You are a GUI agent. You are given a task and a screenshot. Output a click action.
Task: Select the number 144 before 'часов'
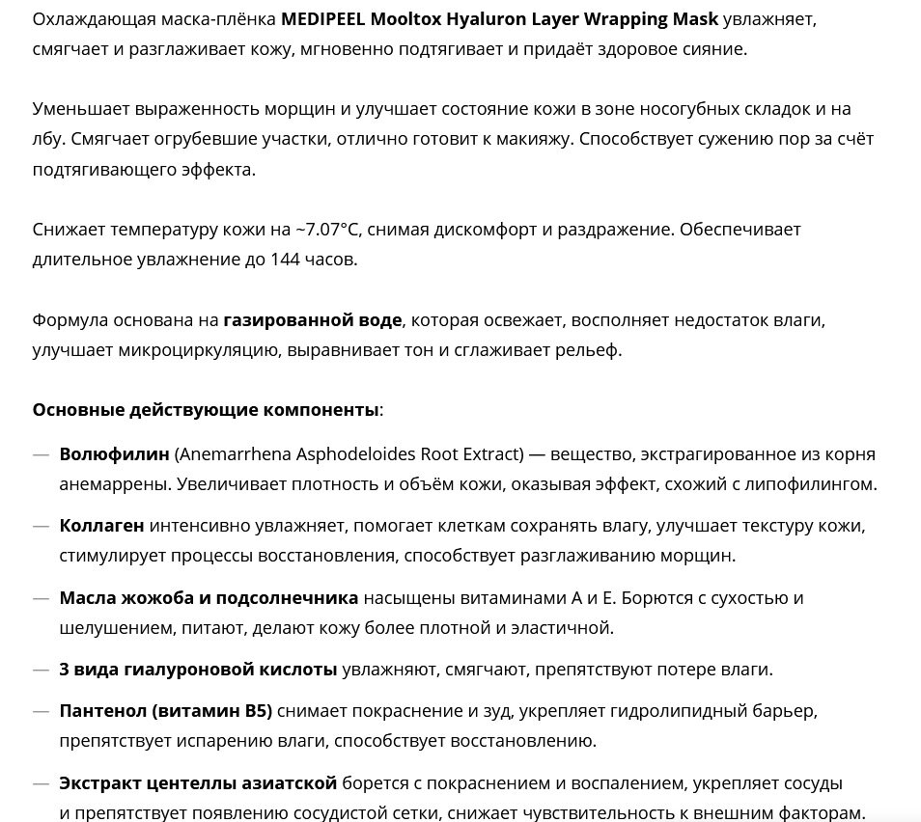[x=270, y=259]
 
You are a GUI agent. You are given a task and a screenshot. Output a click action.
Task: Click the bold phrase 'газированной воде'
[x=313, y=319]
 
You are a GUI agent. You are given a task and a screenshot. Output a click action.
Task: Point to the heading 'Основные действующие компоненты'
[x=206, y=410]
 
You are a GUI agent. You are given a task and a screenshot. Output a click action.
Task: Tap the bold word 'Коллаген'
[x=102, y=526]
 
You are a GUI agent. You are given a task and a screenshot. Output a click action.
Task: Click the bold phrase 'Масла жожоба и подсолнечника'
[x=209, y=598]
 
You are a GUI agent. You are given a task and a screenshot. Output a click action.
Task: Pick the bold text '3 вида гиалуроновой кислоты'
[x=198, y=670]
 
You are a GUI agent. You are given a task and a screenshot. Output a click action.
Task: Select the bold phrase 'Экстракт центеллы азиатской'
[x=198, y=782]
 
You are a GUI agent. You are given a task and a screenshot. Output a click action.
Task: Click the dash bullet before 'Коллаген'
[x=41, y=526]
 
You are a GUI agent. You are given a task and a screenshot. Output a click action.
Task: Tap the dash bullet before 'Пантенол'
[x=41, y=712]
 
